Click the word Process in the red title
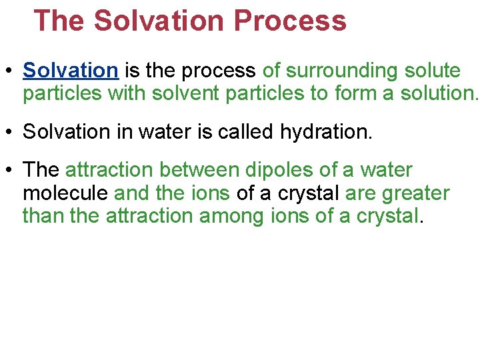[290, 21]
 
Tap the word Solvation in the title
[160, 21]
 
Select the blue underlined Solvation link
[70, 71]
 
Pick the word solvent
[187, 93]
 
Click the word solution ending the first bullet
[437, 93]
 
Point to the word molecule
[66, 194]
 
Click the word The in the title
[59, 21]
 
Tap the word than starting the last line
[43, 217]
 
